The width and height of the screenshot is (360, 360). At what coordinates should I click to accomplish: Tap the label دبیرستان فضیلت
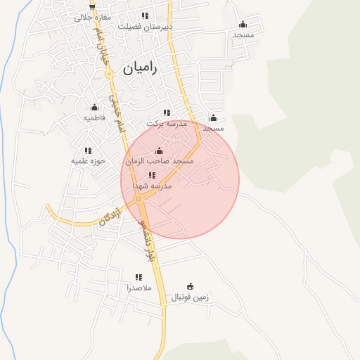[x=145, y=27]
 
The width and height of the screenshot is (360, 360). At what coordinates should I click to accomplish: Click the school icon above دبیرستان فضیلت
[x=145, y=15]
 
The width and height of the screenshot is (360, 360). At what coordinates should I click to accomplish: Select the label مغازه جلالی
[x=94, y=16]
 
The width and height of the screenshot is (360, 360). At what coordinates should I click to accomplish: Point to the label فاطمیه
[x=94, y=117]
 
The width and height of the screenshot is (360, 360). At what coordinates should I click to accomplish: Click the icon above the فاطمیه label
[x=94, y=107]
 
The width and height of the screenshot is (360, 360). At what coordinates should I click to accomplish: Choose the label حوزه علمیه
[x=88, y=161]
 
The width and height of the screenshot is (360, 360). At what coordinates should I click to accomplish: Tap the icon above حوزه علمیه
[x=88, y=150]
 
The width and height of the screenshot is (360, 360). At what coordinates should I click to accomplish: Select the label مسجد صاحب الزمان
[x=160, y=162]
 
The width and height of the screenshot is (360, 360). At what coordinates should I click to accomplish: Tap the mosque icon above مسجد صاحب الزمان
[x=159, y=150]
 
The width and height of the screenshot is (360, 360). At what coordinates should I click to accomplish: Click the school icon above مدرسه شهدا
[x=152, y=175]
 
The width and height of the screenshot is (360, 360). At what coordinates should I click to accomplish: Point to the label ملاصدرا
[x=138, y=288]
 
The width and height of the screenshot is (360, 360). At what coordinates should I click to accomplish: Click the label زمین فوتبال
[x=190, y=297]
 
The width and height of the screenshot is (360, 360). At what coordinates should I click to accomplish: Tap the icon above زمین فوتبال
[x=189, y=286]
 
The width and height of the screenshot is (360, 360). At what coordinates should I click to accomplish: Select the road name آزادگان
[x=110, y=215]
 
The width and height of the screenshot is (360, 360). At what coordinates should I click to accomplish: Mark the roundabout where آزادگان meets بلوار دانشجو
[x=139, y=199]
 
